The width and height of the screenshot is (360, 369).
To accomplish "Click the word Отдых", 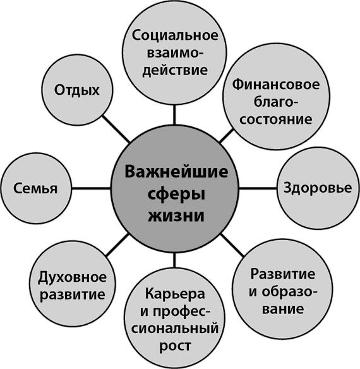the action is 76,90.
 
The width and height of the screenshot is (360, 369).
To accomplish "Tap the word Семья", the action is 35,189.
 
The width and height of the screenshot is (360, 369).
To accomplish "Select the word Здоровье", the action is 318,188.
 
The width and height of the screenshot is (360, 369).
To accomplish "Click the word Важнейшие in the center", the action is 176,172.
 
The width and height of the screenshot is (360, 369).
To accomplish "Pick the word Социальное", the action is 175,35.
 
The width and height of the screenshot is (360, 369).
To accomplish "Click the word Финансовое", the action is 276,85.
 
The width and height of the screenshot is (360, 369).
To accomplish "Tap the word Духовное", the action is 72,277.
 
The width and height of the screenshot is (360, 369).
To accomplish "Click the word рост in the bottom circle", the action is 175,346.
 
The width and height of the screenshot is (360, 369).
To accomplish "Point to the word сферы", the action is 176,195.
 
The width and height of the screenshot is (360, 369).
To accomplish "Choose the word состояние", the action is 276,120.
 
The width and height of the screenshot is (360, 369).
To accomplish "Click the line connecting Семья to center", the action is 90,188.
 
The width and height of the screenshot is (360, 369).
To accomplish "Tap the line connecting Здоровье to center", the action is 258,188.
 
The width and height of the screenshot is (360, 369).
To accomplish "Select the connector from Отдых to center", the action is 116,129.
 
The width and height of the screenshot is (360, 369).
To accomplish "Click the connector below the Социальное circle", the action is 174,114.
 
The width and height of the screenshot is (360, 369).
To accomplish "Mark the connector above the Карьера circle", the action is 174,260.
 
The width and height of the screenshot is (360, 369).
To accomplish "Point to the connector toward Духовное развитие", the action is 117,245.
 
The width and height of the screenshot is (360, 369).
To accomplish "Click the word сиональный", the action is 175,329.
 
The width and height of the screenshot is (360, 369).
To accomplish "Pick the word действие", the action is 175,70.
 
